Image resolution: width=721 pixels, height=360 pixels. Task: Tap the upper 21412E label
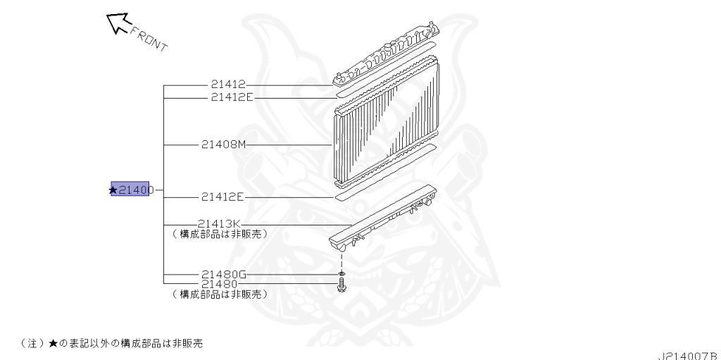[x=231, y=97]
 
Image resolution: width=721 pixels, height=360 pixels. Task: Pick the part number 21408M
[x=223, y=145]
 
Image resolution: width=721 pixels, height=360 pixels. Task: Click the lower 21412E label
[x=222, y=197]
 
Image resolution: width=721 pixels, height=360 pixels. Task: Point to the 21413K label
[x=219, y=225]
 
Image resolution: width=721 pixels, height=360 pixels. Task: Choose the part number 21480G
[x=222, y=274]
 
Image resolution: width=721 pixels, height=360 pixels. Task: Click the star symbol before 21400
[x=113, y=190]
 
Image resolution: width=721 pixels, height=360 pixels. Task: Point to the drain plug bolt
[x=341, y=286]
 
